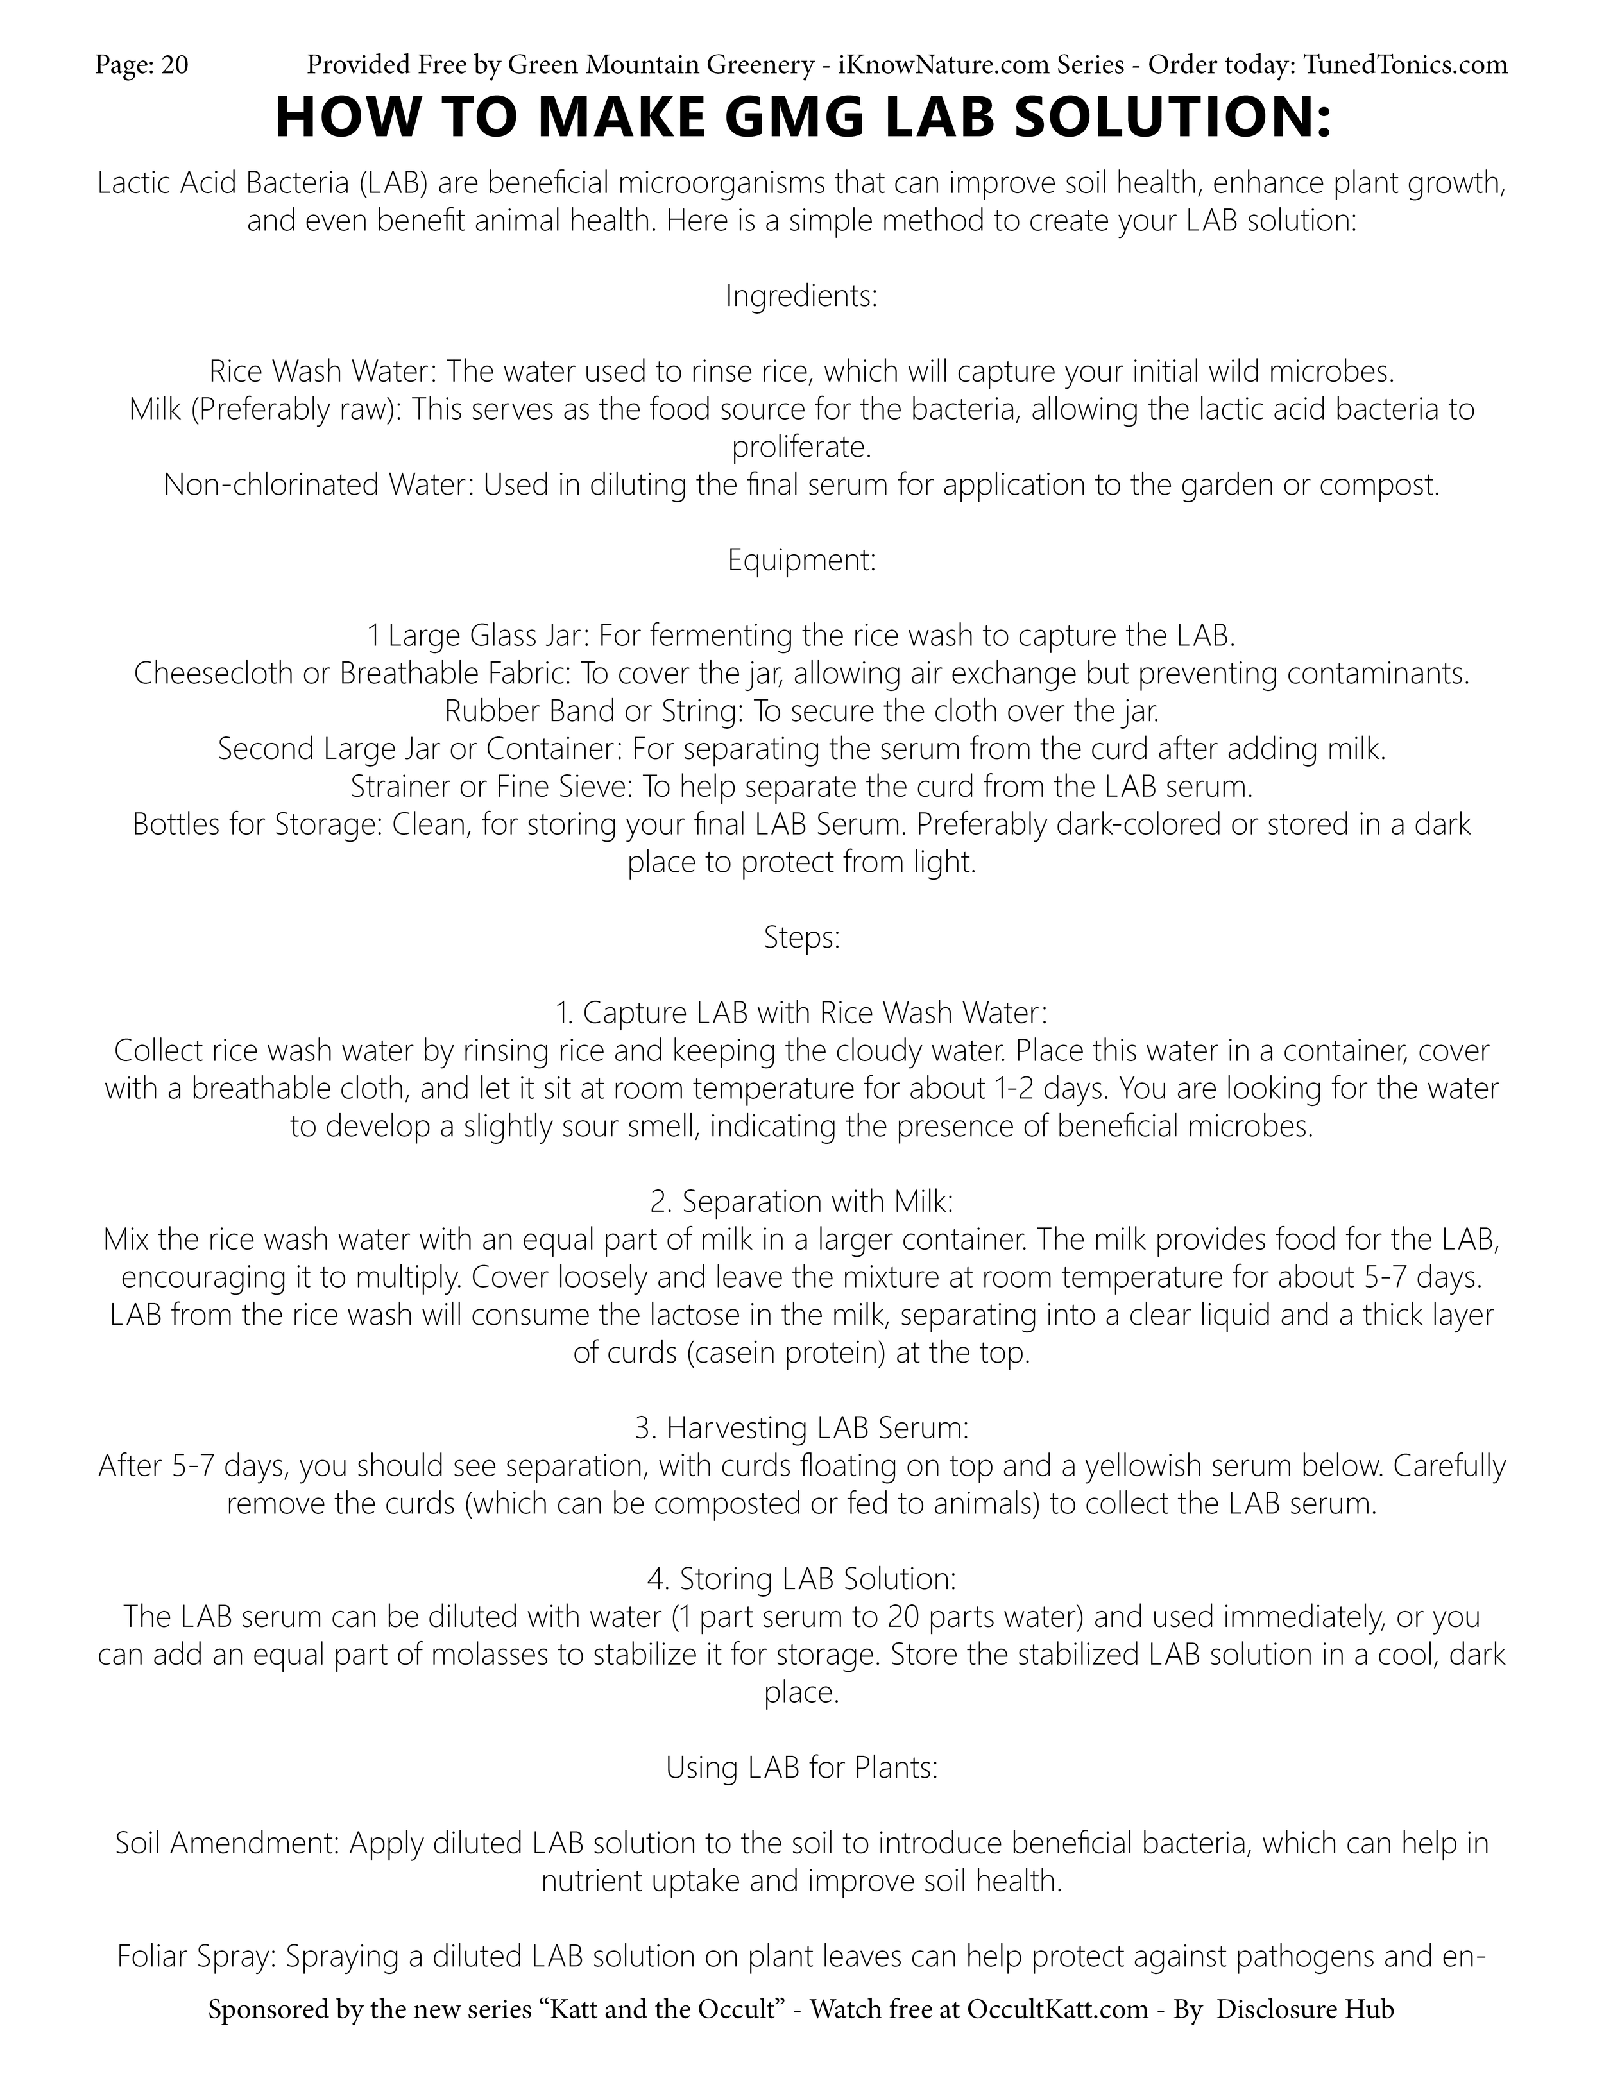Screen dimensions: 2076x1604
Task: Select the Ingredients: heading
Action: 801,296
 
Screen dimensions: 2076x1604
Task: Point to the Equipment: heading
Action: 801,561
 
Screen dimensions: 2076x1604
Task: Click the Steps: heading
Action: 801,938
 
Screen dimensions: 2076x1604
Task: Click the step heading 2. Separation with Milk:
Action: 801,1202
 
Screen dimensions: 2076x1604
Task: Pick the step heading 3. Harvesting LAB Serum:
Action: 801,1429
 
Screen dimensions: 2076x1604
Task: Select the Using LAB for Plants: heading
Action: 801,1768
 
